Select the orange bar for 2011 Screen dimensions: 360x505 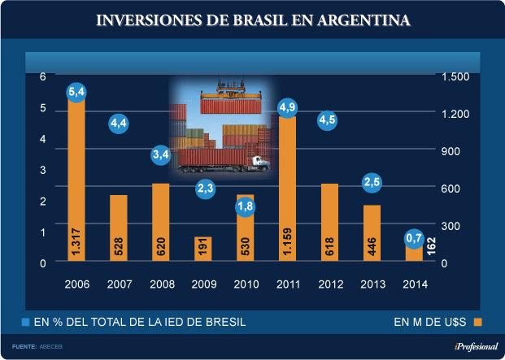click(x=287, y=191)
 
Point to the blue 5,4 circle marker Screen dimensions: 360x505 click(x=76, y=92)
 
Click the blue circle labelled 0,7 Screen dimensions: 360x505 click(x=414, y=238)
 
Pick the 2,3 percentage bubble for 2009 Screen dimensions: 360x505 click(x=204, y=189)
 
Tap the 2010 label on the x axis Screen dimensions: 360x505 click(x=245, y=284)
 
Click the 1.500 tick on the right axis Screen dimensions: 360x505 click(x=455, y=76)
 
